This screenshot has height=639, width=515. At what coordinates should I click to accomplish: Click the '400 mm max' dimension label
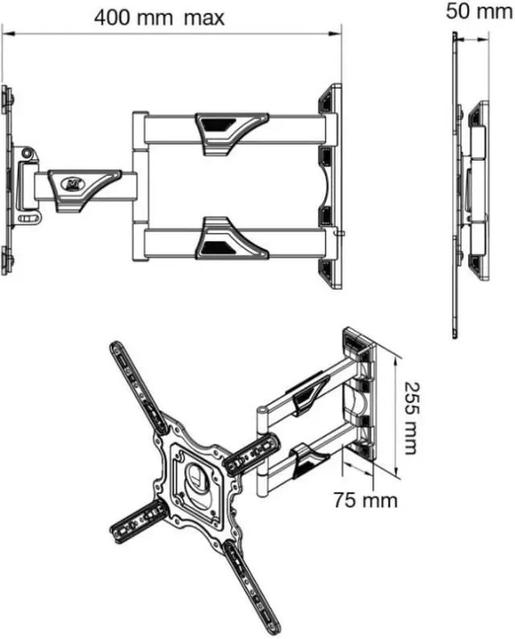coord(159,17)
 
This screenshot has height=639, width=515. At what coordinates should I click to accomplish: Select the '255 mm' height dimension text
coord(411,417)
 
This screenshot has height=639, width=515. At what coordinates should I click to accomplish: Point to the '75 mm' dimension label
coord(366,499)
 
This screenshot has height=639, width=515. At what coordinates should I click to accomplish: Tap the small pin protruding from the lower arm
coord(341,235)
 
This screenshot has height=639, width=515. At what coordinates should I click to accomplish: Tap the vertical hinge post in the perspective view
coord(262,458)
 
